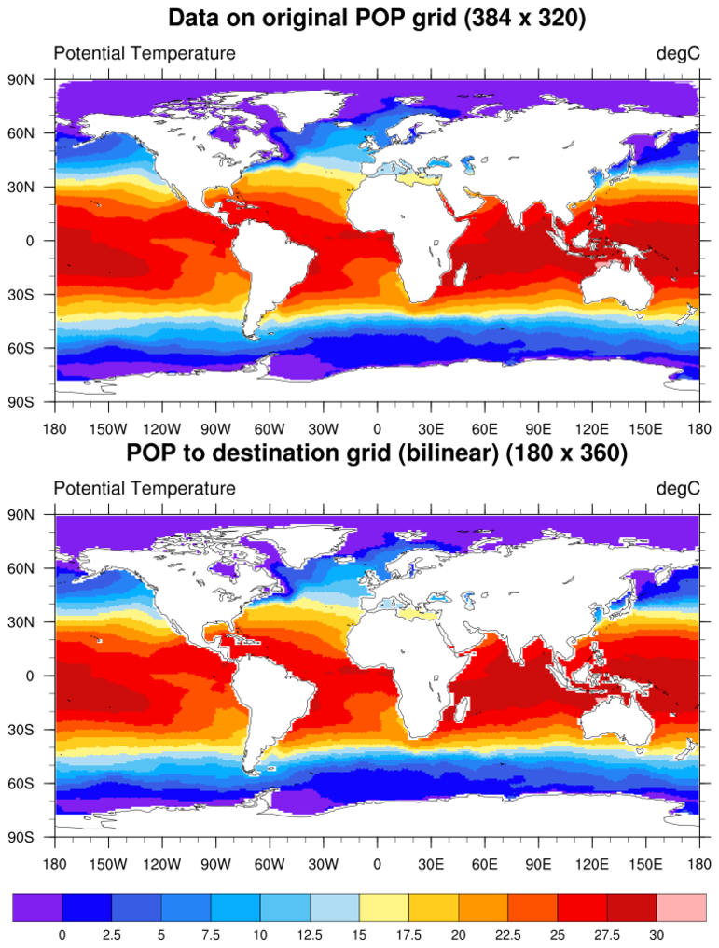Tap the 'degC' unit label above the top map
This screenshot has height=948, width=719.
click(678, 53)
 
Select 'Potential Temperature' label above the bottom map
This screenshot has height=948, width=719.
click(145, 488)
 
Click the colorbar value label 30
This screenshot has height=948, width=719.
click(657, 934)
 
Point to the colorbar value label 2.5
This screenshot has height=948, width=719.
click(112, 934)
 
